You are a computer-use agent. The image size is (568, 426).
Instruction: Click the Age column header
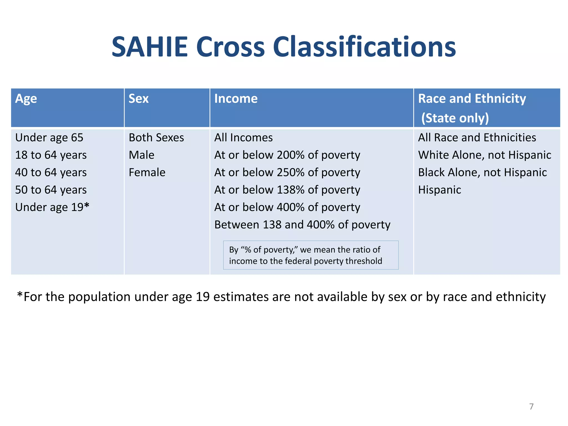26,99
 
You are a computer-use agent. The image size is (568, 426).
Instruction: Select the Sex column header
138,99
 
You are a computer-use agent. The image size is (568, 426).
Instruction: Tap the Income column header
236,99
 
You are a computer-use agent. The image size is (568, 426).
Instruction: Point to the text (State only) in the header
455,118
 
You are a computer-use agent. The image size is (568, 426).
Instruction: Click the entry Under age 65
49,138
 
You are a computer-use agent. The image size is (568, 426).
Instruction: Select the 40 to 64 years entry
51,173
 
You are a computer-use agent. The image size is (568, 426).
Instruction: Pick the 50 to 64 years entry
51,190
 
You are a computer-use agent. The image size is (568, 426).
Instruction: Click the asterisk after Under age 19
87,206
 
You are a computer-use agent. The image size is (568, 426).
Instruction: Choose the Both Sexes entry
156,138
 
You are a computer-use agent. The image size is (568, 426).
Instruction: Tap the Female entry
147,173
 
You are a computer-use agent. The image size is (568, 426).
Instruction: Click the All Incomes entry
243,138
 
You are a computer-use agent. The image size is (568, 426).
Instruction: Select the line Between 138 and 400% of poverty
302,225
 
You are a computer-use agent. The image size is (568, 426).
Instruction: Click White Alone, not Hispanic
485,155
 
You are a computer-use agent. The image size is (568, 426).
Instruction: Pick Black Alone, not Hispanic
482,173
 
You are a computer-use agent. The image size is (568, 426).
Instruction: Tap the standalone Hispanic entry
439,190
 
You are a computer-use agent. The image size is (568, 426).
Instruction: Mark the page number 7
531,407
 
